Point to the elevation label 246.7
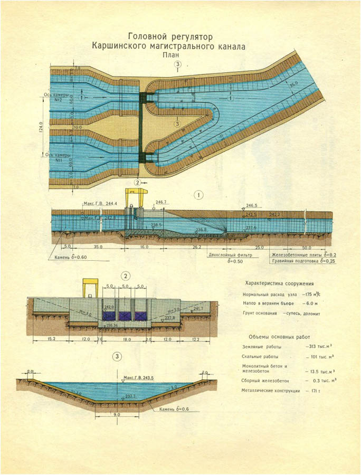161,202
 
